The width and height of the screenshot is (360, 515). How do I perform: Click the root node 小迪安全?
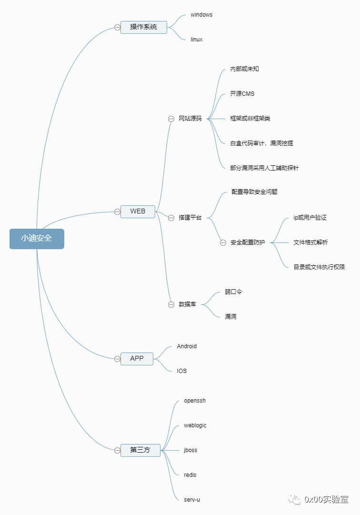pos(37,239)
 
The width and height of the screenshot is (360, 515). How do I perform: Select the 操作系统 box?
pos(143,27)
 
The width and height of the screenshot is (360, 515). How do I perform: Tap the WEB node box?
pos(138,212)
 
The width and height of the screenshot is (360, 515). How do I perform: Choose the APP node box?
pos(137,359)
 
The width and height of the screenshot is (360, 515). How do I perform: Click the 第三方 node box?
pos(140,450)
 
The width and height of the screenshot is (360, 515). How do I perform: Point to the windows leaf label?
pos(201,15)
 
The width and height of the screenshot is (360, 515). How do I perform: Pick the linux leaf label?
pos(196,40)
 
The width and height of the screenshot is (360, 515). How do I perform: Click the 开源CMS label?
pos(242,94)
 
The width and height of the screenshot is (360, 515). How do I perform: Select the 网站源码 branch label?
pos(190,119)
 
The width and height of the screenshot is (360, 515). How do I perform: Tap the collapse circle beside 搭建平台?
pos(171,218)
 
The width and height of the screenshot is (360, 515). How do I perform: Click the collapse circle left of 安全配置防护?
pos(223,242)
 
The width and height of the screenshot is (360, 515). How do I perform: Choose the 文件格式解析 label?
pos(310,242)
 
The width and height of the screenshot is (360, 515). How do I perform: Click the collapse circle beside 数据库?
pos(171,304)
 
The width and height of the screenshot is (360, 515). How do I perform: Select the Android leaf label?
pos(187,346)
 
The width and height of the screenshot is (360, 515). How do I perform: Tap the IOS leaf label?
pos(182,371)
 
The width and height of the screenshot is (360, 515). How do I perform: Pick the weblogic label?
pos(195,425)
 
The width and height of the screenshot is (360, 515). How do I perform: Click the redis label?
pos(190,475)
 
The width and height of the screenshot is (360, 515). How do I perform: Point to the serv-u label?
pos(192,500)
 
